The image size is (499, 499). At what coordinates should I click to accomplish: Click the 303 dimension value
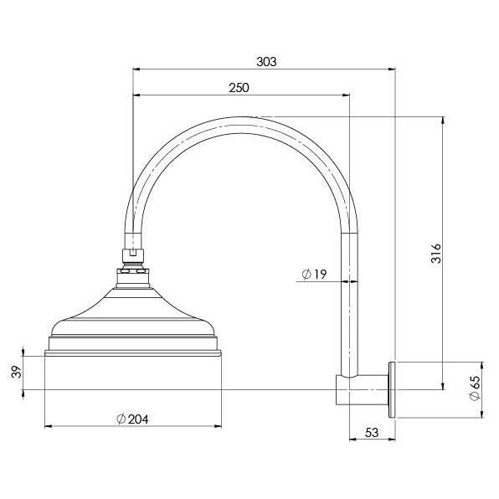tap(266, 62)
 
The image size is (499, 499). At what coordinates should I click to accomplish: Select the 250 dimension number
tap(239, 88)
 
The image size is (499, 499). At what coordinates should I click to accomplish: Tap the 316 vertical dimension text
tap(436, 254)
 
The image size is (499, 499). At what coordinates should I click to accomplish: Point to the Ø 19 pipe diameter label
tap(314, 274)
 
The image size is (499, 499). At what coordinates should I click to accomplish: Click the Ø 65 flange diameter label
tap(474, 388)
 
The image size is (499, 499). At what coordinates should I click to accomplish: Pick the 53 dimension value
tap(372, 433)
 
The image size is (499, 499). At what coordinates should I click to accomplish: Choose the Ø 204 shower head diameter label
tap(132, 419)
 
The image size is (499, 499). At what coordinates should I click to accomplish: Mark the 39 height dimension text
tap(16, 372)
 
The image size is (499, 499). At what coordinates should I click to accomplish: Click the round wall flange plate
tap(392, 389)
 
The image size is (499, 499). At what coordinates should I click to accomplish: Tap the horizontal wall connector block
tap(363, 390)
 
